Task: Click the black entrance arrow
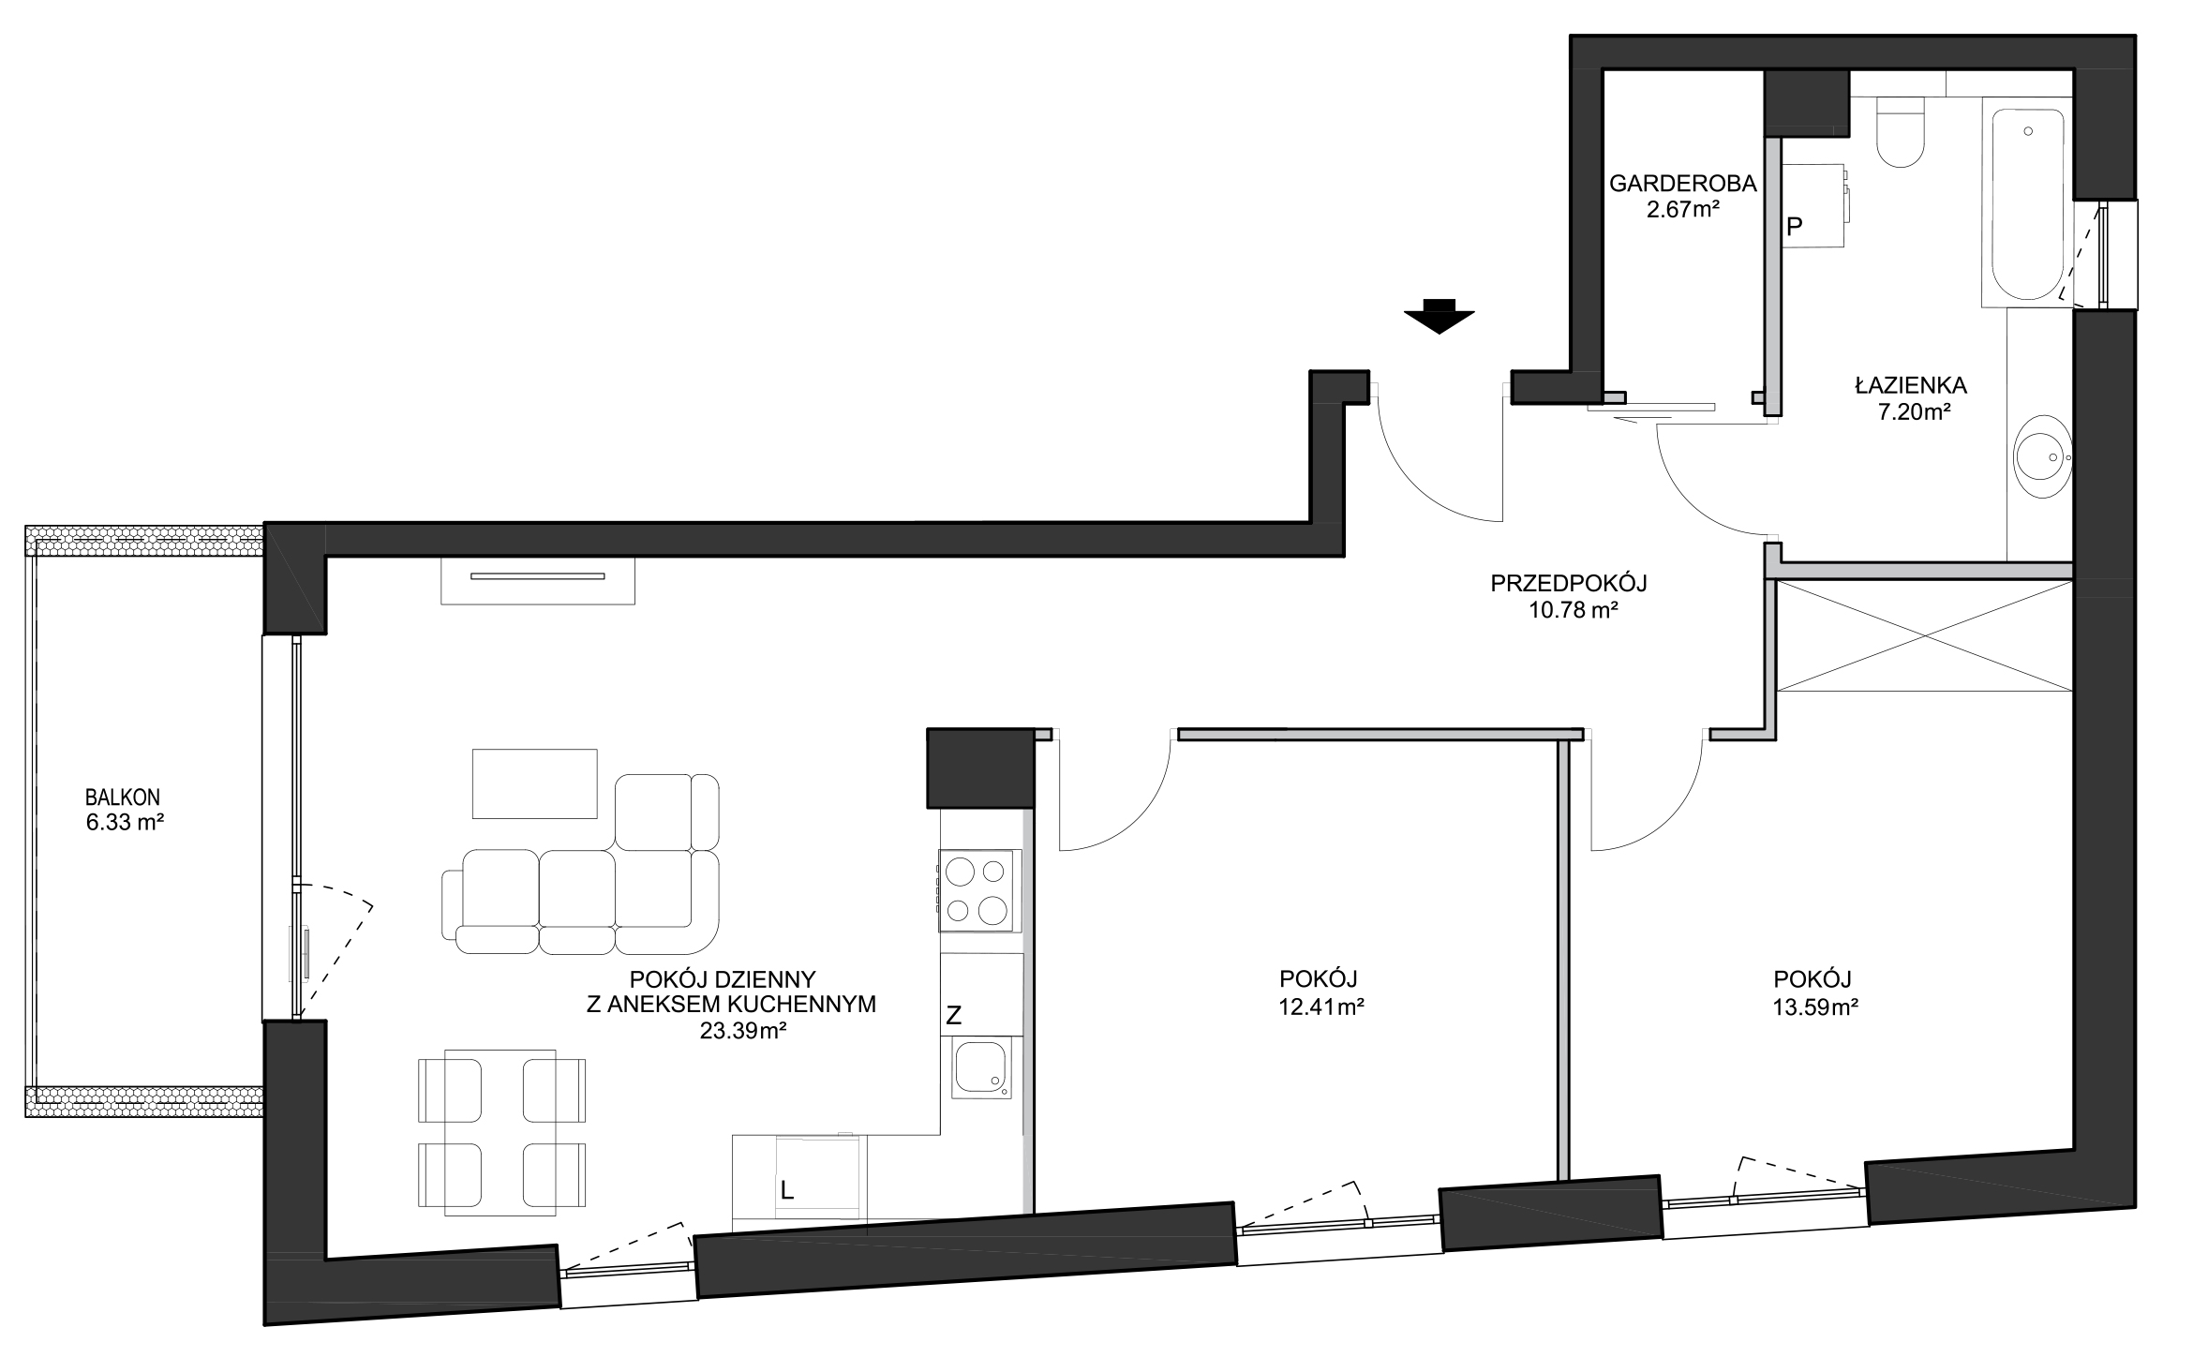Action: pos(1440,316)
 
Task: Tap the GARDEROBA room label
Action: pos(1682,184)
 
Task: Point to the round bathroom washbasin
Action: pos(2044,458)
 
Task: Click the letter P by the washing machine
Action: pos(1795,226)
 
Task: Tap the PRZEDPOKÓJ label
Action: pos(1568,583)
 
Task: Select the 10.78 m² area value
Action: pos(1568,611)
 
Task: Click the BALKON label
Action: pos(122,797)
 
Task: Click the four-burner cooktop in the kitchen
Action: pos(977,890)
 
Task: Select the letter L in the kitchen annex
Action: pos(787,1190)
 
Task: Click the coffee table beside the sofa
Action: pos(534,783)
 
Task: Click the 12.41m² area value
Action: pos(1320,1007)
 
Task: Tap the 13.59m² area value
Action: pos(1815,1007)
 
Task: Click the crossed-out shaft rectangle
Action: pos(1925,636)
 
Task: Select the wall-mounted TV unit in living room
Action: pos(538,580)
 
